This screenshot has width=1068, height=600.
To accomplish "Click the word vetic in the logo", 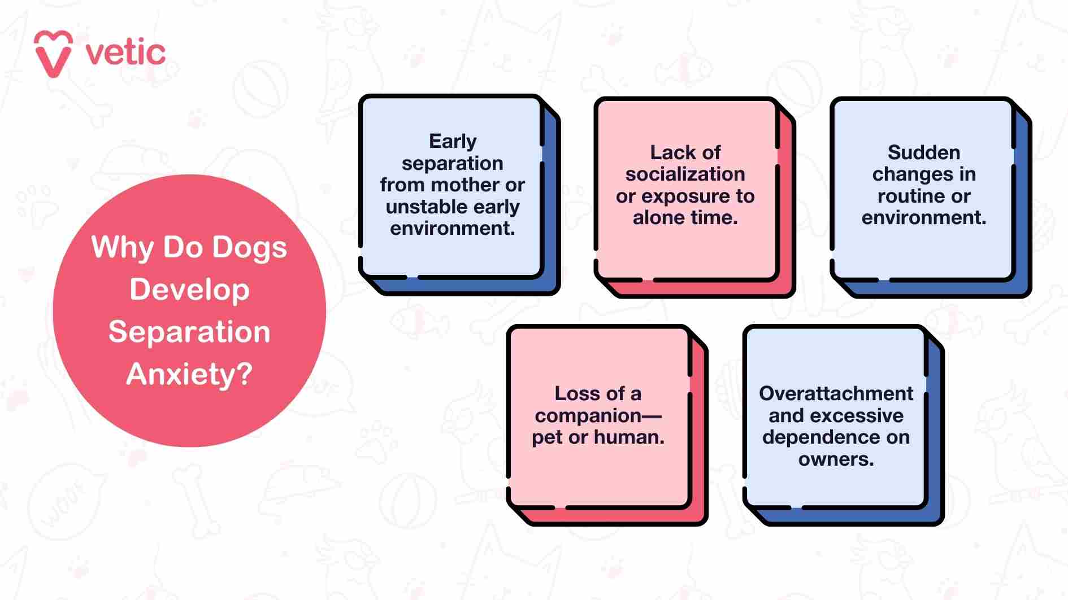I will point(125,53).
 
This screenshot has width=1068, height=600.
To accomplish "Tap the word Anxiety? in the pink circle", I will point(189,374).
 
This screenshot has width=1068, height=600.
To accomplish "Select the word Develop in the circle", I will point(189,290).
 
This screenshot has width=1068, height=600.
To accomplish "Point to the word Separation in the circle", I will point(189,332).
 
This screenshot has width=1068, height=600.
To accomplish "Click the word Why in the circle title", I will point(122,247).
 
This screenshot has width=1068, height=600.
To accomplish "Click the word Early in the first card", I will point(453,141).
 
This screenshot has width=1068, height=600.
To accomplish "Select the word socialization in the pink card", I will point(685,174).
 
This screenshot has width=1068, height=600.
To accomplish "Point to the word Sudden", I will point(923,152).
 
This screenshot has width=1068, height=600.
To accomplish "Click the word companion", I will point(588,415).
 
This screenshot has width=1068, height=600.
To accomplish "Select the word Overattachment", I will point(836,393).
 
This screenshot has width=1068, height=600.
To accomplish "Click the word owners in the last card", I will point(835,459).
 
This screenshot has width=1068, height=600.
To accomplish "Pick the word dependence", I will point(816,437).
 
